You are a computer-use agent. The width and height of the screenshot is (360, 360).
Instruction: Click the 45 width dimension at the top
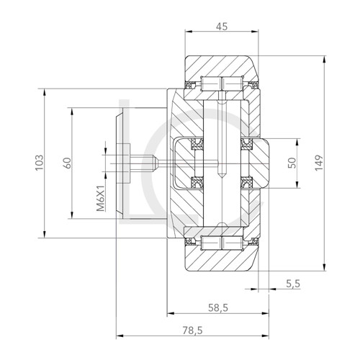[x=222, y=27]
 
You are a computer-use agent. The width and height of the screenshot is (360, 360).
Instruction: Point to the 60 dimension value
[x=66, y=162]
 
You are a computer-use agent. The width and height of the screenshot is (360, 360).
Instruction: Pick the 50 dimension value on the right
[x=292, y=163]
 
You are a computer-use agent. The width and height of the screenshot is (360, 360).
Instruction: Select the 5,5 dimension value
[x=293, y=284]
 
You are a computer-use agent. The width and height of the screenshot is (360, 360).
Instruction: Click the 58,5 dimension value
[x=217, y=307]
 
